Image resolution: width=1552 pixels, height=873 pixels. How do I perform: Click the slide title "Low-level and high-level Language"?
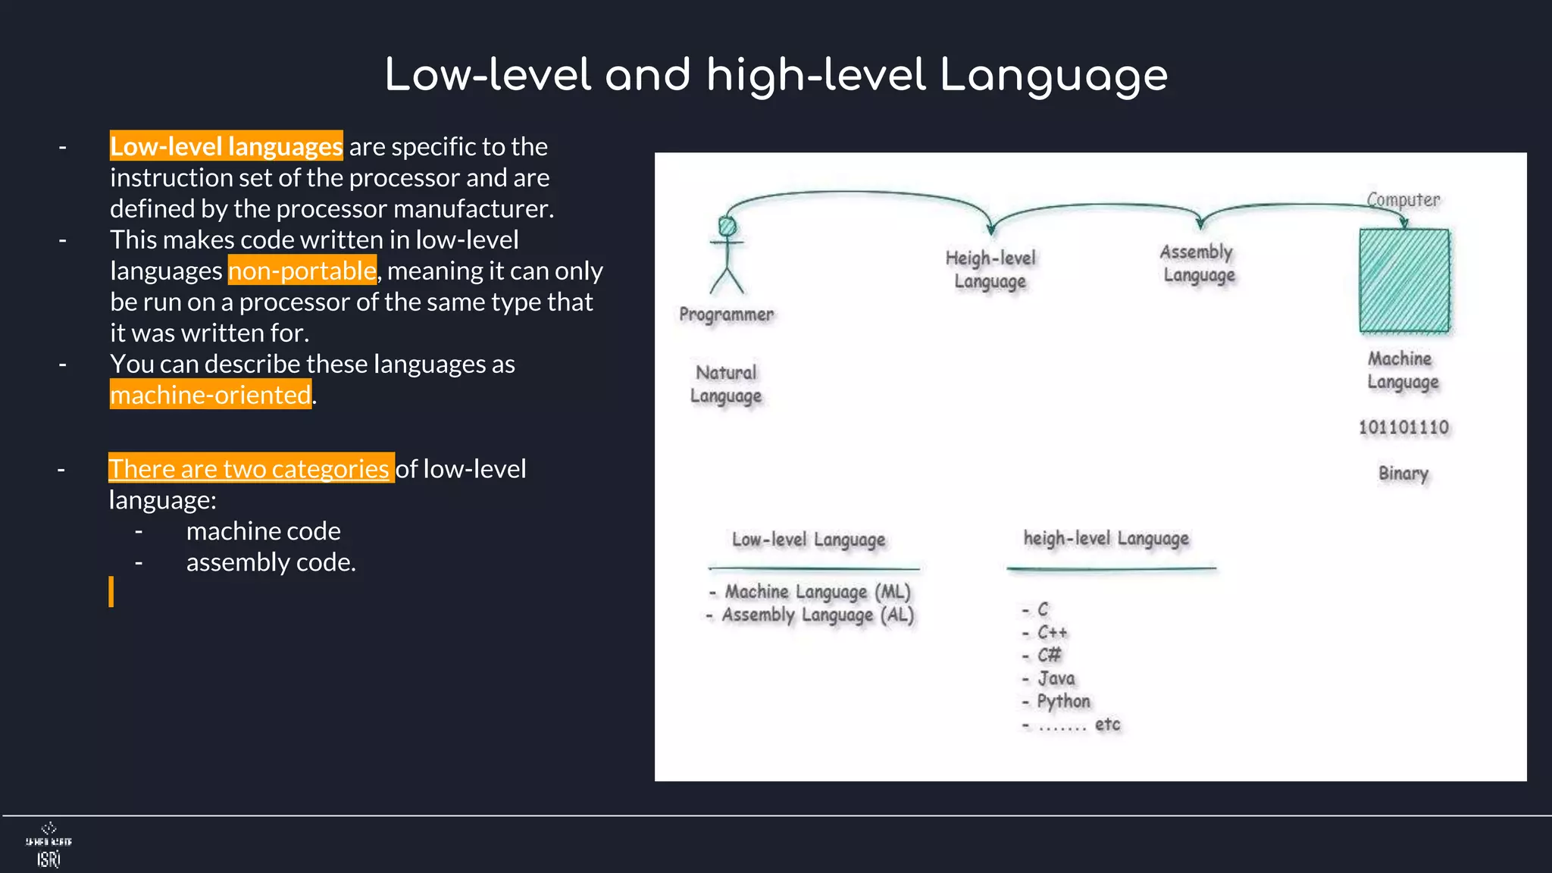coord(776,76)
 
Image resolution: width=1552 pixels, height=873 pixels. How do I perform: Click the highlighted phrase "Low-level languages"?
coord(226,146)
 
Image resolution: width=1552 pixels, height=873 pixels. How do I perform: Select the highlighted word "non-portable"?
coord(302,271)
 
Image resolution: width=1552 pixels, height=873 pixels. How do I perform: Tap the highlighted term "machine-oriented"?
coord(211,395)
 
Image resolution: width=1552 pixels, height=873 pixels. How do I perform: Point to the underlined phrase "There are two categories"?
coord(249,468)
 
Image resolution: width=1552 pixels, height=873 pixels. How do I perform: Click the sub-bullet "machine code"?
coord(263,531)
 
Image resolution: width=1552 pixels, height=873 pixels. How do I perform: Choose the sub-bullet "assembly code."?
coord(271,562)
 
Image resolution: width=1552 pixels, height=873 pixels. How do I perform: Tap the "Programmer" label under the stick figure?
coord(726,314)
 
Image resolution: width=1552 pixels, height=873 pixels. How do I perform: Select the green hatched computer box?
coord(1403,280)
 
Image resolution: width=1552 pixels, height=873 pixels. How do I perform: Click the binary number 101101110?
coord(1403,427)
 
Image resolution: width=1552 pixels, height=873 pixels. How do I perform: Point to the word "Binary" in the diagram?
coord(1403,474)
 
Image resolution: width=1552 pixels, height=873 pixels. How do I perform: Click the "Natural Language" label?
coord(726,384)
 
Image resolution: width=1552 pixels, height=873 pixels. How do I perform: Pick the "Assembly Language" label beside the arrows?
coord(1198,263)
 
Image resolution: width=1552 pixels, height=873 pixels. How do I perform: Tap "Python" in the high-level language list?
coord(1062,702)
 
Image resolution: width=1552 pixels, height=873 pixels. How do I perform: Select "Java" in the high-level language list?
coord(1056,678)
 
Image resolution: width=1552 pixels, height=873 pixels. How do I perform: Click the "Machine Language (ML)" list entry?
coord(817,591)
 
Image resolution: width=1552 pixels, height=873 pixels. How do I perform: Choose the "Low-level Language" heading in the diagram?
coord(808,540)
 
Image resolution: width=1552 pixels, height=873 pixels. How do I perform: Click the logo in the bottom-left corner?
coord(48,845)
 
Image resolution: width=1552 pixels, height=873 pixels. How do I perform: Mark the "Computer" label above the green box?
coord(1403,200)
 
